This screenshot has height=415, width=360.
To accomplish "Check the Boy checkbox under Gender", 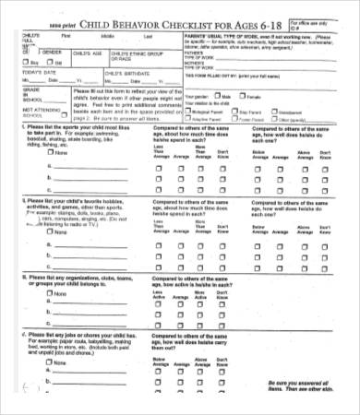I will (13, 63).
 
